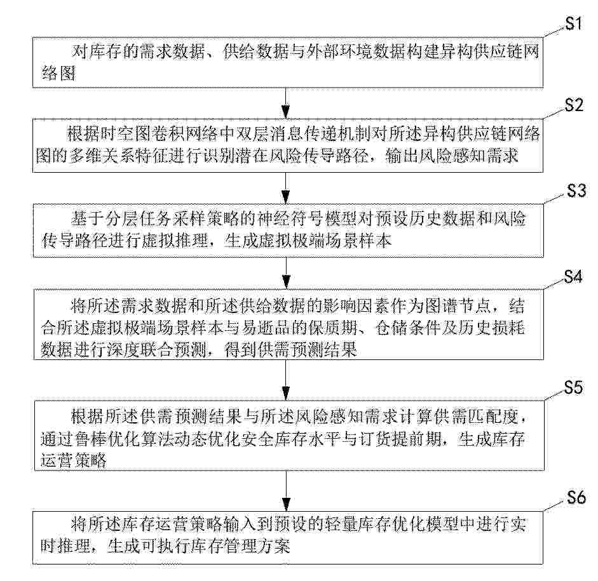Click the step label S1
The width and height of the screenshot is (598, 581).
tap(573, 23)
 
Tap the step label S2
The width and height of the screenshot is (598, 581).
tap(574, 105)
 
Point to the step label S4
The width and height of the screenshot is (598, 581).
tap(573, 276)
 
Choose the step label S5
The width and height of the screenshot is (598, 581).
tap(574, 387)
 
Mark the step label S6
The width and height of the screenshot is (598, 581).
tap(576, 497)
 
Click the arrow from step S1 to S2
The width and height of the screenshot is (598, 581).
tap(285, 104)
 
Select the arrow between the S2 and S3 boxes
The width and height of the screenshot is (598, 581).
tap(285, 188)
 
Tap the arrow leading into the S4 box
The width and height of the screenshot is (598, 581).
tap(286, 273)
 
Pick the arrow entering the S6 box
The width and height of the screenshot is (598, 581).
tap(286, 490)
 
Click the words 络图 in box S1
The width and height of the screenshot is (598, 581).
tap(58, 73)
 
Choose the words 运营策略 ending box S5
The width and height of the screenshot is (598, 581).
tap(74, 460)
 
